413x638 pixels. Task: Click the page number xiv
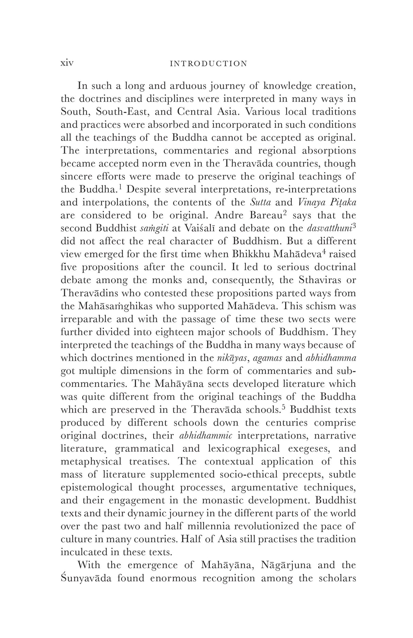point(67,63)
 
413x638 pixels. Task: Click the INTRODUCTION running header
point(208,64)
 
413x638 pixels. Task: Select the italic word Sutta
point(260,202)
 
